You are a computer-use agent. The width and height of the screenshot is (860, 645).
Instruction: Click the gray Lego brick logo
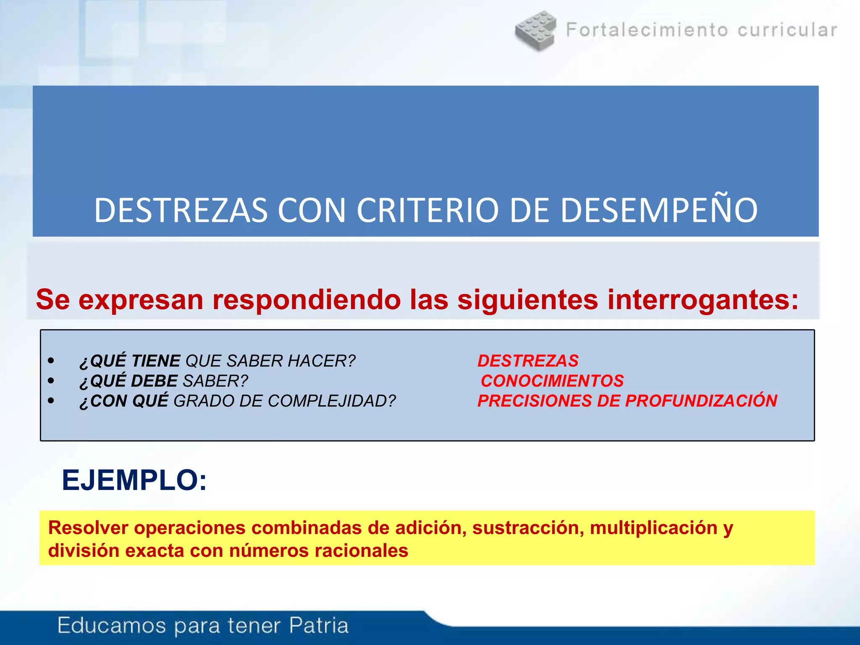[536, 30]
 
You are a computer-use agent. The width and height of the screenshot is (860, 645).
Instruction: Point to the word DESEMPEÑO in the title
[659, 210]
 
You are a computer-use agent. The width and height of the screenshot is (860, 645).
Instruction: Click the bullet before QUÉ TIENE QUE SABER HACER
[51, 361]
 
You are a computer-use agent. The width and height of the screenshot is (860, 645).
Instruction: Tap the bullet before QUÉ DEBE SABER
[51, 381]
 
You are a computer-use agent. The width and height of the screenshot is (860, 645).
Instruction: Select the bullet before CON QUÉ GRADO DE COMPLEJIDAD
[51, 401]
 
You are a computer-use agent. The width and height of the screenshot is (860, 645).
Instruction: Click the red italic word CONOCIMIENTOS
[552, 381]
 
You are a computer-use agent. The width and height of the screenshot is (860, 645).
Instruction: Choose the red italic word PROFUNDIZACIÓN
[701, 401]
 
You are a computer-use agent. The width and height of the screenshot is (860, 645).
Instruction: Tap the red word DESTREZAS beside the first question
[528, 361]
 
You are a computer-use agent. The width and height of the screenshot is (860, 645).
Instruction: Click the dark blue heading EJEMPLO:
[134, 480]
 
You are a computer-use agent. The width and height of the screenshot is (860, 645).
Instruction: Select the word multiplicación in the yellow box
[653, 528]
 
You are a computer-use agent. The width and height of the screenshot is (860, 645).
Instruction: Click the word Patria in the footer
[319, 625]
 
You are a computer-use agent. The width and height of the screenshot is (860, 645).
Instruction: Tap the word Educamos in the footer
[112, 625]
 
